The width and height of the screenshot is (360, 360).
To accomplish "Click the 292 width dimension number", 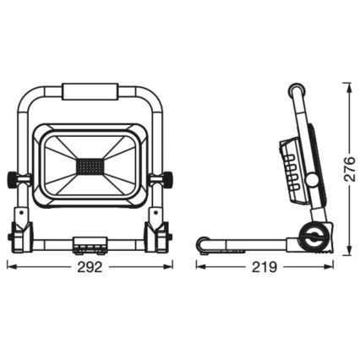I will [x=90, y=267].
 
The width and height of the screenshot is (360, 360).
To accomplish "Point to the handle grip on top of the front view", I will [x=90, y=90].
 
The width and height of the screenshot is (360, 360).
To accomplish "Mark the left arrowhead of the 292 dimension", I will [x=9, y=265].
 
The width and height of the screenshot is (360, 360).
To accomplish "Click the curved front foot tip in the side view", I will [x=203, y=245].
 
